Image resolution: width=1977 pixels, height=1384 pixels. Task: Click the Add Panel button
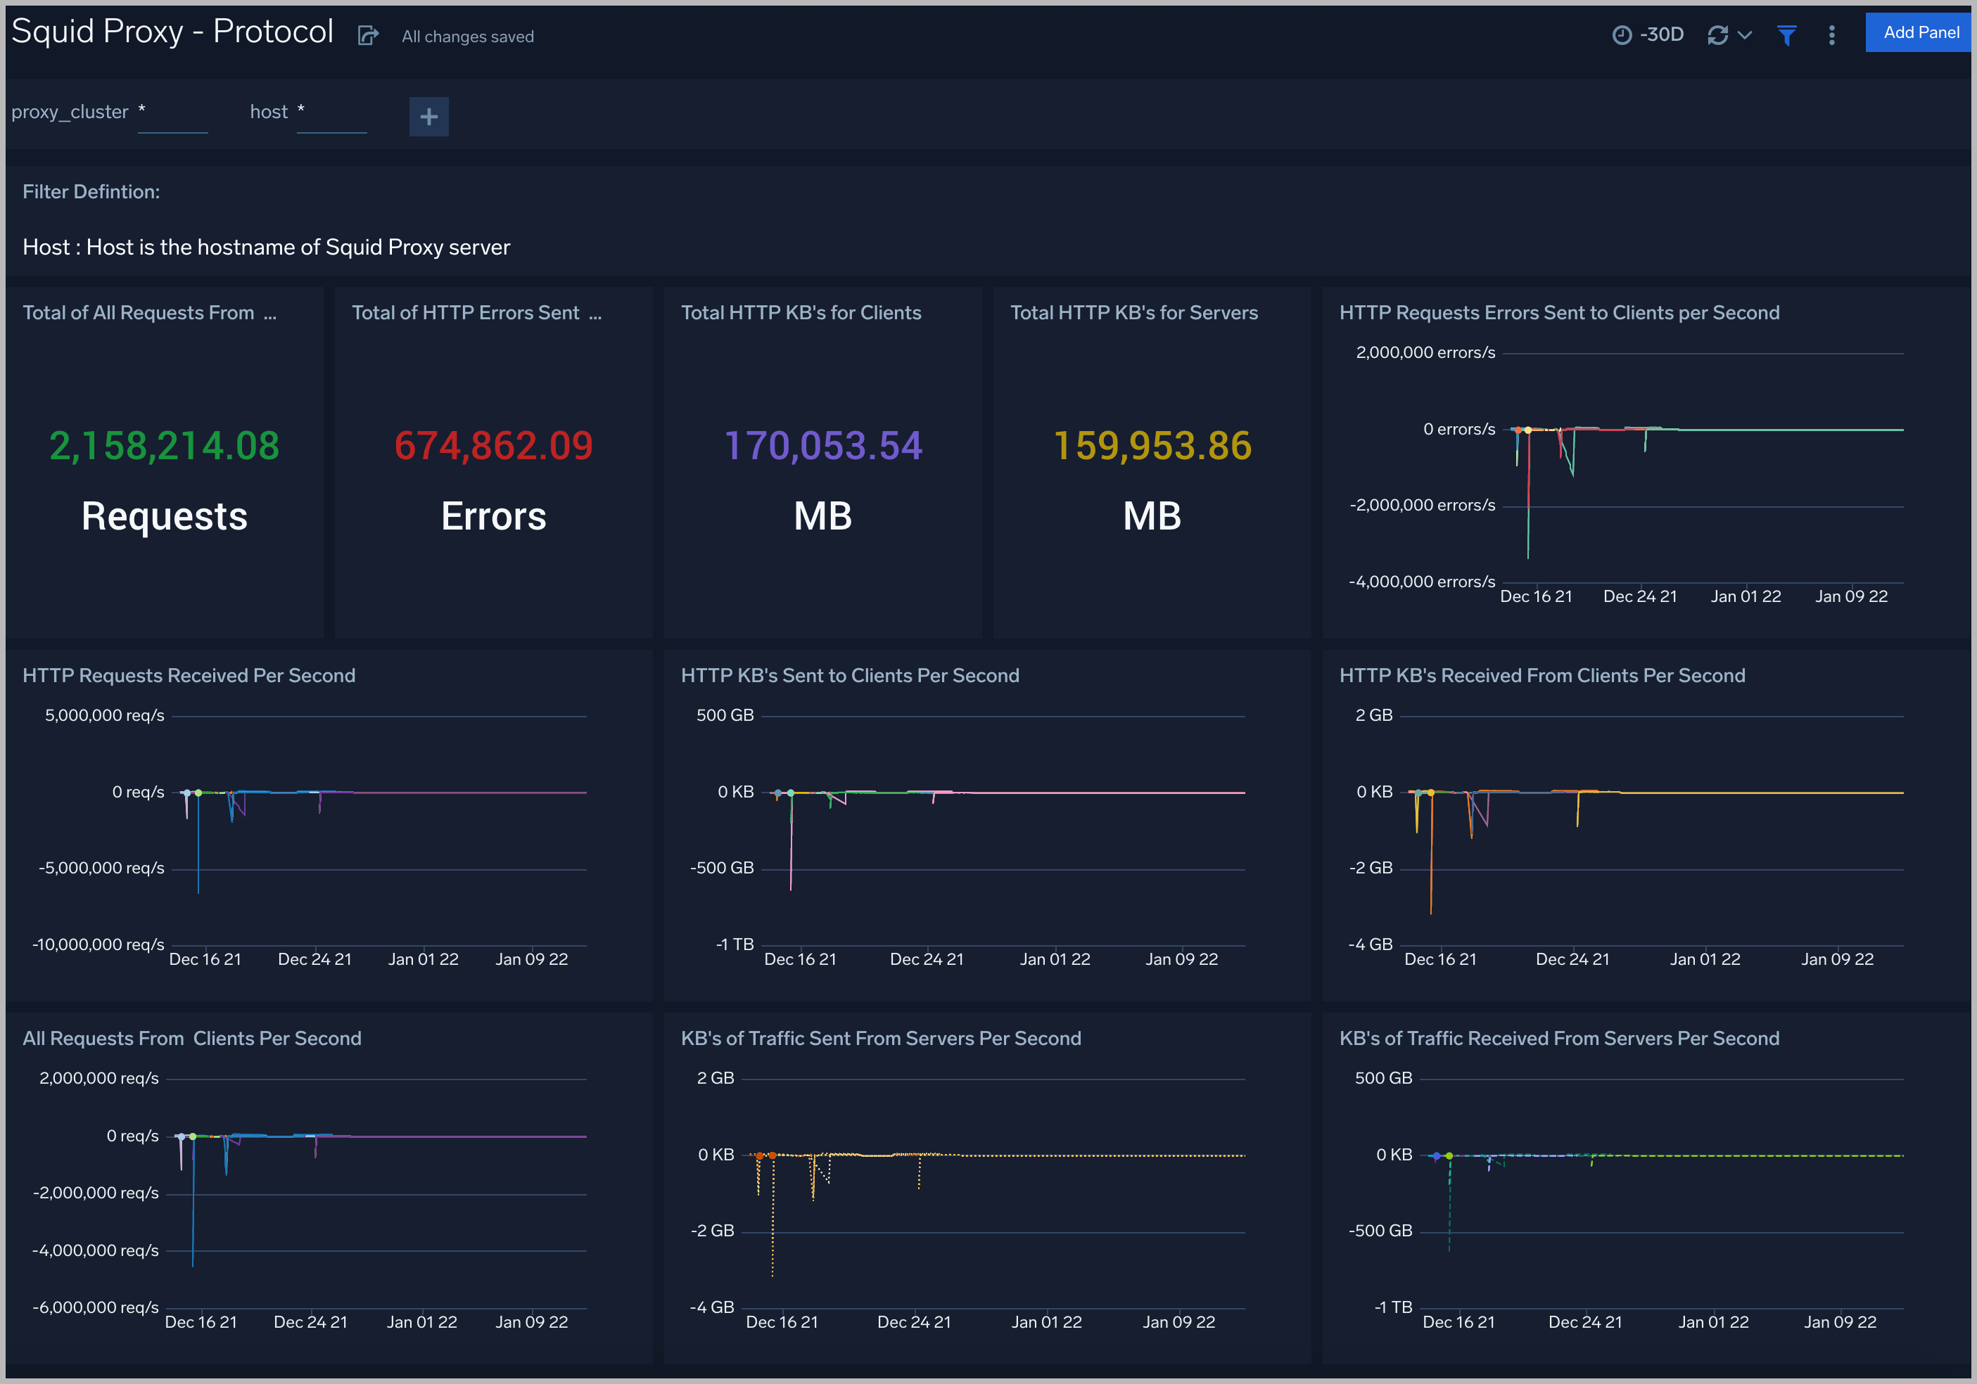point(1919,33)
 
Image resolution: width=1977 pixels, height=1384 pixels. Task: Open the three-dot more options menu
point(1831,35)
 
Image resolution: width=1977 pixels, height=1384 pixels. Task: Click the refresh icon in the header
point(1717,35)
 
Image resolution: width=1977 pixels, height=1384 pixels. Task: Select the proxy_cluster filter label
point(70,112)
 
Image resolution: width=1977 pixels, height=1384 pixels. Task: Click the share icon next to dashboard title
point(368,35)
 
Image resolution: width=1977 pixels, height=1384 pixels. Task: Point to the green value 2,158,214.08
point(165,446)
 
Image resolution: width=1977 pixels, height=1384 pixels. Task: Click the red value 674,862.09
point(493,446)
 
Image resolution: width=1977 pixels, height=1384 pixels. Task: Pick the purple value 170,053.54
point(823,446)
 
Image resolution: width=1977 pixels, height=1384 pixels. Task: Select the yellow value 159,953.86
point(1152,446)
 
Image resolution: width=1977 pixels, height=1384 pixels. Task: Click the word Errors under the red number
point(493,516)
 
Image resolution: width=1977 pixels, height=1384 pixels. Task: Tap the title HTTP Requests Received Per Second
point(189,676)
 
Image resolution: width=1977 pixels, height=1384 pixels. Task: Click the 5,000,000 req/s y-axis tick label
point(104,715)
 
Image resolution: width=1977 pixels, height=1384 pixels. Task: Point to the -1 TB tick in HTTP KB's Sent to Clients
point(735,944)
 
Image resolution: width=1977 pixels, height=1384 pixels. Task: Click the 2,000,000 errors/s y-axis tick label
point(1425,353)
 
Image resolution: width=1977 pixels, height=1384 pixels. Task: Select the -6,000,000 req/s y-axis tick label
point(96,1307)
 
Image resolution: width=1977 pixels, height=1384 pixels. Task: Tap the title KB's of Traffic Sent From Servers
point(881,1039)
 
